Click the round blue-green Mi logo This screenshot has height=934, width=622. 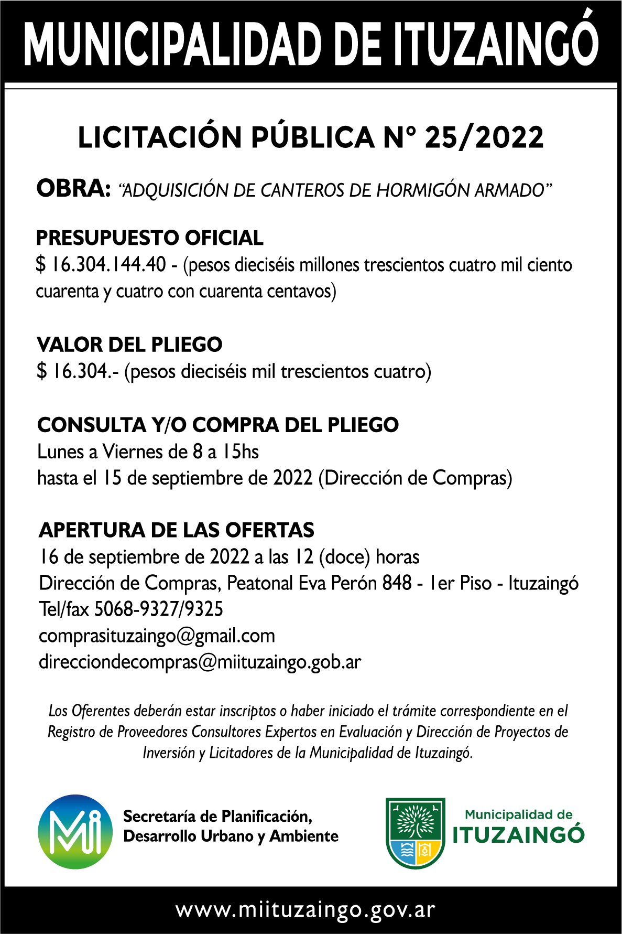(75, 832)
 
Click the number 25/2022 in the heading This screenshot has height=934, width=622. (484, 138)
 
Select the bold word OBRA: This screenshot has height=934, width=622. (73, 189)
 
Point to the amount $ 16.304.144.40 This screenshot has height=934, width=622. (101, 265)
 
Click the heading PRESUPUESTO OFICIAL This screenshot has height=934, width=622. (149, 238)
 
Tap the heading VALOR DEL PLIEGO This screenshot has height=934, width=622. (129, 345)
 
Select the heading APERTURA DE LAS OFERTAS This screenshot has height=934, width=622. (177, 530)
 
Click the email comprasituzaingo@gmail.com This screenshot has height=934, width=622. (157, 636)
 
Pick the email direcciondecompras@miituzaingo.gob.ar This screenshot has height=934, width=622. (200, 662)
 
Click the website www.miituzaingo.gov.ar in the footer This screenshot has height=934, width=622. (305, 910)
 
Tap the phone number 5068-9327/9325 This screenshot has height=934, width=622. (158, 609)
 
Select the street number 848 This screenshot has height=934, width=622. (397, 583)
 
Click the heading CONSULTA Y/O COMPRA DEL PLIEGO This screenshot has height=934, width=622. (218, 425)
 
